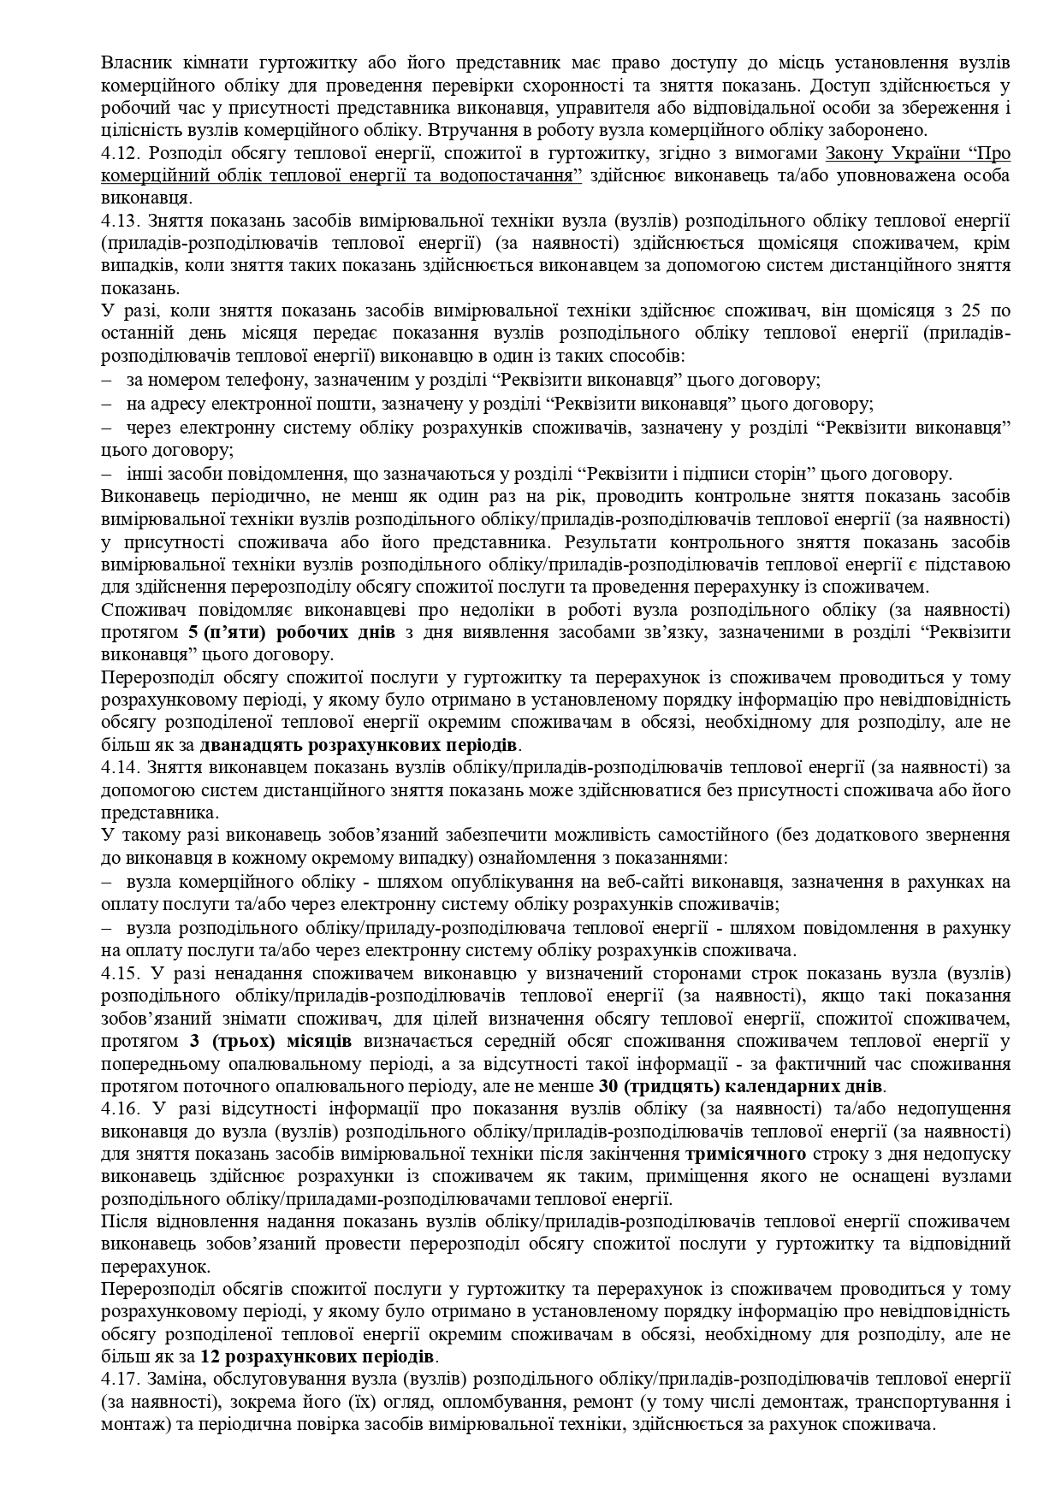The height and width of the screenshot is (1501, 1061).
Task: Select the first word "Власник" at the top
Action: click(x=133, y=63)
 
